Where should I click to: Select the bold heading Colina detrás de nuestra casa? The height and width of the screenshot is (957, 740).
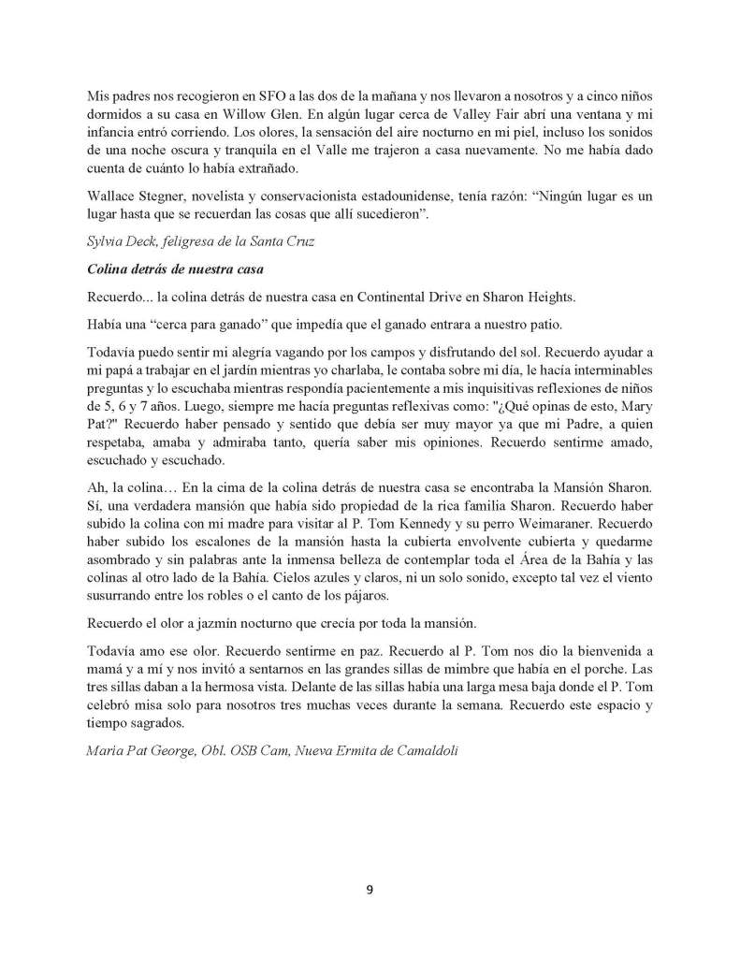pos(170,270)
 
